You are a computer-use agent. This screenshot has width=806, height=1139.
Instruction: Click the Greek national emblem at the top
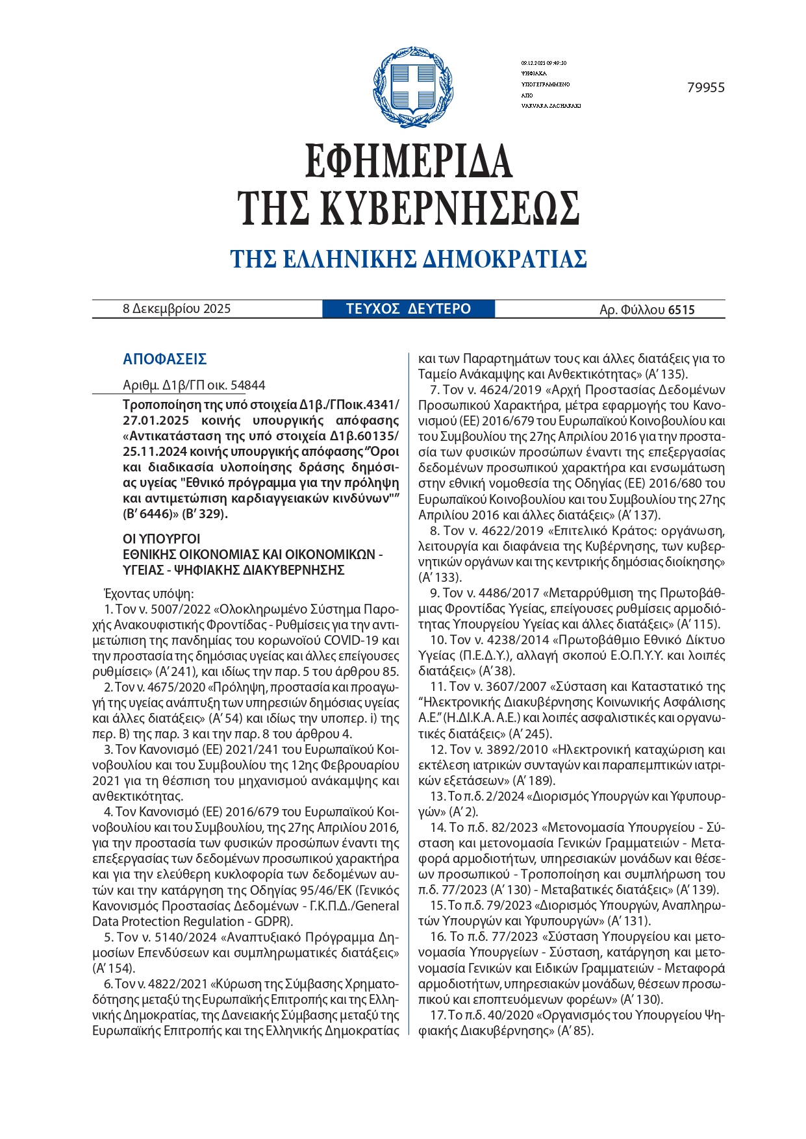point(413,87)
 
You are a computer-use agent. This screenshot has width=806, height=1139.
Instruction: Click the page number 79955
point(705,88)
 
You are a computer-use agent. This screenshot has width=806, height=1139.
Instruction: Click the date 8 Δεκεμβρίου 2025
point(177,309)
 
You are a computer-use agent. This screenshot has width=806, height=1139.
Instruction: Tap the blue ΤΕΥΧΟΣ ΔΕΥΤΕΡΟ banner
point(409,309)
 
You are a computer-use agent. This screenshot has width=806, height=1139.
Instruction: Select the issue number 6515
point(681,310)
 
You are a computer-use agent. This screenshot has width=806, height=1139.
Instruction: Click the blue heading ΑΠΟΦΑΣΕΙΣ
point(164,359)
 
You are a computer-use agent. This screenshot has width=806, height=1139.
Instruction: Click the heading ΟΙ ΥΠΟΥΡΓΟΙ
point(162,539)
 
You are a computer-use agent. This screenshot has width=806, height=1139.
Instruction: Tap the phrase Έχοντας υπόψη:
point(149,594)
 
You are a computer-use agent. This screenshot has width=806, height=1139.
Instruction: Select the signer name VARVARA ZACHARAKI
point(551,106)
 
